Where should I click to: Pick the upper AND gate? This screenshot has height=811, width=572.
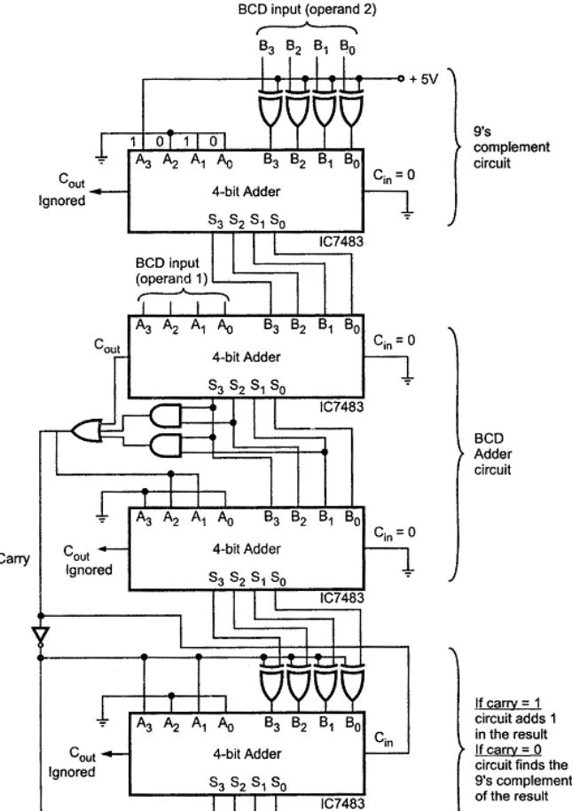pyautogui.click(x=167, y=415)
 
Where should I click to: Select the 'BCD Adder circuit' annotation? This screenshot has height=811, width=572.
pyautogui.click(x=492, y=454)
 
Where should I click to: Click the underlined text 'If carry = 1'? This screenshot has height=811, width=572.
pyautogui.click(x=506, y=700)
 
